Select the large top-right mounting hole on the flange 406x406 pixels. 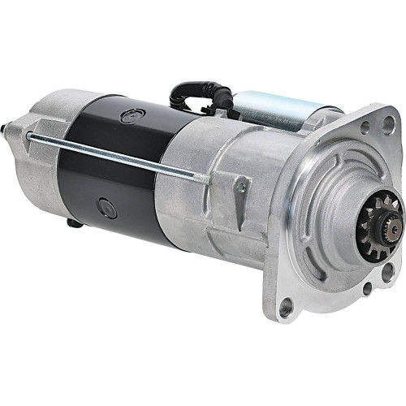pos(388,124)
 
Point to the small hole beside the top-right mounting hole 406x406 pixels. pos(365,127)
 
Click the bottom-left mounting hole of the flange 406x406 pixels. pos(286,307)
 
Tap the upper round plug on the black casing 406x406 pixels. pos(131,115)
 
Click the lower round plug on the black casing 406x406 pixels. pos(106,209)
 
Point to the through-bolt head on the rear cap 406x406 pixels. pos(29,135)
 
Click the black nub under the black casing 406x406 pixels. pos(72,221)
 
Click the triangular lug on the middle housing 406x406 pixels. pos(241,189)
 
